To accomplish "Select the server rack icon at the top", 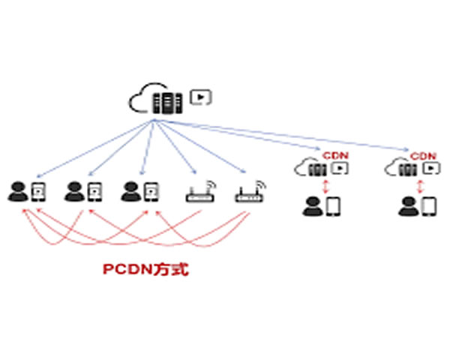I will pyautogui.click(x=166, y=102).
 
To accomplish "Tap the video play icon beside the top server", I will pyautogui.click(x=200, y=96).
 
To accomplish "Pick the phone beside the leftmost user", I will pyautogui.click(x=38, y=192).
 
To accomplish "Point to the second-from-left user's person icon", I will pyautogui.click(x=73, y=192).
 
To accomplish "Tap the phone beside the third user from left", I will pyautogui.click(x=151, y=192).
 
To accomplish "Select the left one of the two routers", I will pyautogui.click(x=197, y=195).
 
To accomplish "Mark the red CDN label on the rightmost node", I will pyautogui.click(x=424, y=154).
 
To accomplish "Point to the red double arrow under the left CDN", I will pyautogui.click(x=325, y=186).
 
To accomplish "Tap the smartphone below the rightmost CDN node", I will pyautogui.click(x=428, y=205).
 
